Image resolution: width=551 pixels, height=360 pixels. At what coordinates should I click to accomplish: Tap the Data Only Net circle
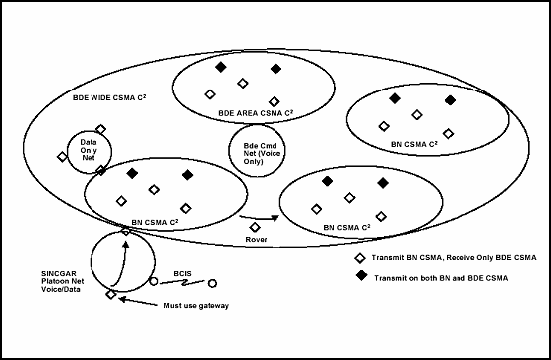(x=88, y=150)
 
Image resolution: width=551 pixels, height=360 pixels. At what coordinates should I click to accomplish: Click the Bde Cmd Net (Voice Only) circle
(x=257, y=148)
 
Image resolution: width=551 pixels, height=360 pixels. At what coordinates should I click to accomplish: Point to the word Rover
(x=255, y=239)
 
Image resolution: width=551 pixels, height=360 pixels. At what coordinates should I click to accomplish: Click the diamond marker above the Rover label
(x=255, y=226)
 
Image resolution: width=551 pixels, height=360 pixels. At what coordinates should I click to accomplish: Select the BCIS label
(x=181, y=272)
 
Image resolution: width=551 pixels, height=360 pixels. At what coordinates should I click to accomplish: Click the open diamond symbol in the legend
(x=360, y=258)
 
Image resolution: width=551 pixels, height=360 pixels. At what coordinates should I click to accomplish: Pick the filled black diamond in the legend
(x=360, y=279)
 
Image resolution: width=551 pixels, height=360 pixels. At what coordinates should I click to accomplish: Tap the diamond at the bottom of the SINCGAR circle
(x=111, y=294)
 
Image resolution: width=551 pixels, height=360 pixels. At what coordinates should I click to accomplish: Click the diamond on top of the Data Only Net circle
(x=100, y=129)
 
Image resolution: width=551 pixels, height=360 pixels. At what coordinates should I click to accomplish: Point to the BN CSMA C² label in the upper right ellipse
(x=415, y=145)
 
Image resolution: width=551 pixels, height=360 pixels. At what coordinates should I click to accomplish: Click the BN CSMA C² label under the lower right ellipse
(x=348, y=227)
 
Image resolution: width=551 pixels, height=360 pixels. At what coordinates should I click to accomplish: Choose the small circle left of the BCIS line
(x=153, y=282)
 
